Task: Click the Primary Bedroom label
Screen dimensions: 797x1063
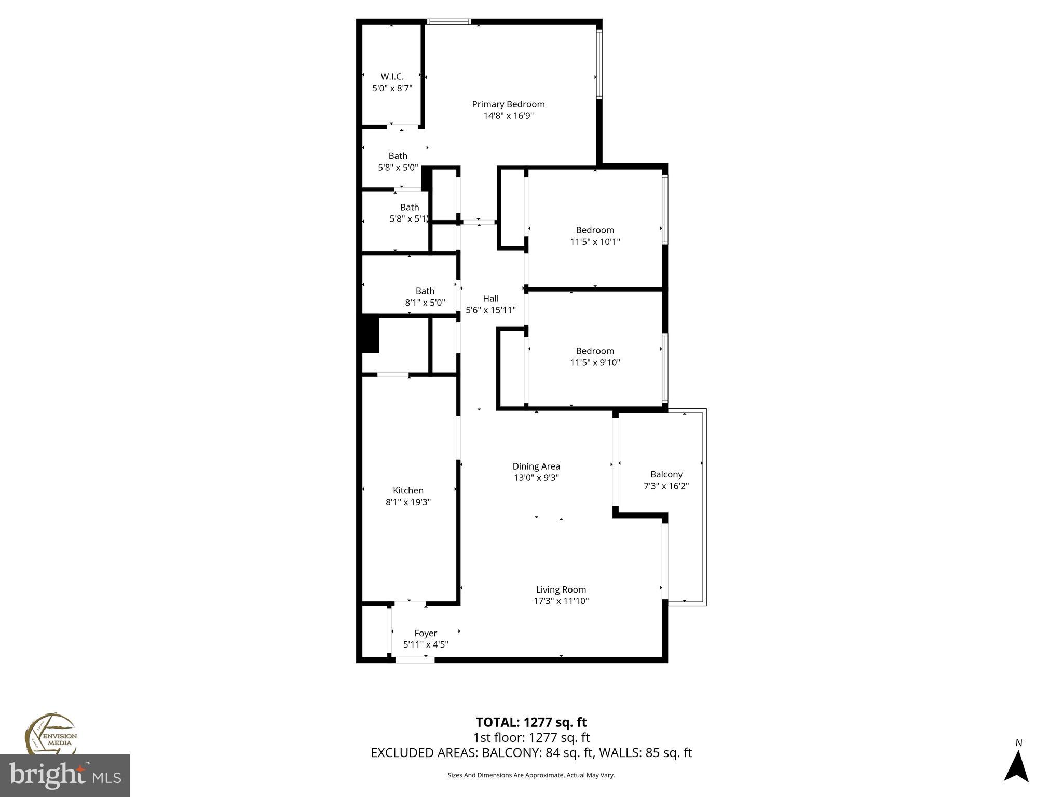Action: (508, 104)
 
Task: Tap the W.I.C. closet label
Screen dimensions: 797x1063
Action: (392, 77)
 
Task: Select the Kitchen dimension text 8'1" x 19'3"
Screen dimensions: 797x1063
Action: (408, 502)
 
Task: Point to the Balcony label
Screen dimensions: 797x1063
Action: (666, 474)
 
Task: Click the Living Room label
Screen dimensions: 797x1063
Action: (561, 589)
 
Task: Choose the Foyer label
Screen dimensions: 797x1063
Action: (426, 633)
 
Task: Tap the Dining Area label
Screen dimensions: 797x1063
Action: (536, 466)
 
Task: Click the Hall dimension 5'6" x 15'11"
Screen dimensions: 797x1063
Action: (490, 310)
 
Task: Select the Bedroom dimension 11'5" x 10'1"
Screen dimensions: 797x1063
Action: (595, 242)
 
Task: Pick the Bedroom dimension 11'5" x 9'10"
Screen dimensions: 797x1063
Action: (595, 363)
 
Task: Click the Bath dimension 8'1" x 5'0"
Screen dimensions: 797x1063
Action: (425, 303)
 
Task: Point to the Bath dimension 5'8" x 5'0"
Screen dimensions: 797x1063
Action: (398, 168)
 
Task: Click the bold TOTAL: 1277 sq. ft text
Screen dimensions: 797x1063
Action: (531, 722)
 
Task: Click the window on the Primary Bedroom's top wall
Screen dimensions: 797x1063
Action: (449, 22)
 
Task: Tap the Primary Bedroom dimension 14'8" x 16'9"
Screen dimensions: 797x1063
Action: (508, 116)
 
